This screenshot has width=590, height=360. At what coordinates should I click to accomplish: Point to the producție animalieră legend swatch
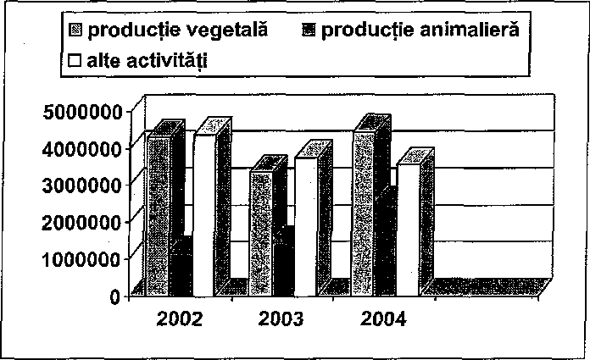[x=309, y=30]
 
